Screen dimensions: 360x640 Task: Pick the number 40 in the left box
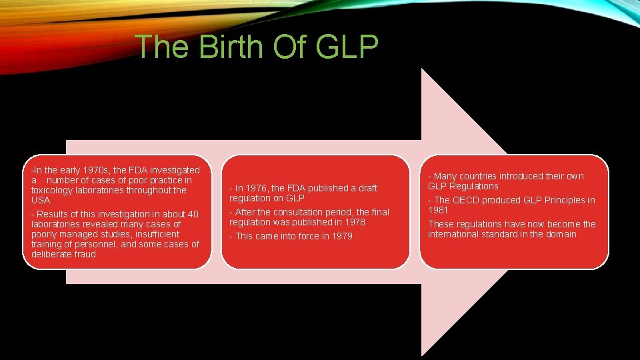click(x=193, y=214)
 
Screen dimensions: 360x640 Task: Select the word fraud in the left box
click(x=83, y=254)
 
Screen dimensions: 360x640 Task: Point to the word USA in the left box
click(x=40, y=200)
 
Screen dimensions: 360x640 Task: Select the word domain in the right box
click(x=560, y=234)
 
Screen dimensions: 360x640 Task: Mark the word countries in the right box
click(x=487, y=176)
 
